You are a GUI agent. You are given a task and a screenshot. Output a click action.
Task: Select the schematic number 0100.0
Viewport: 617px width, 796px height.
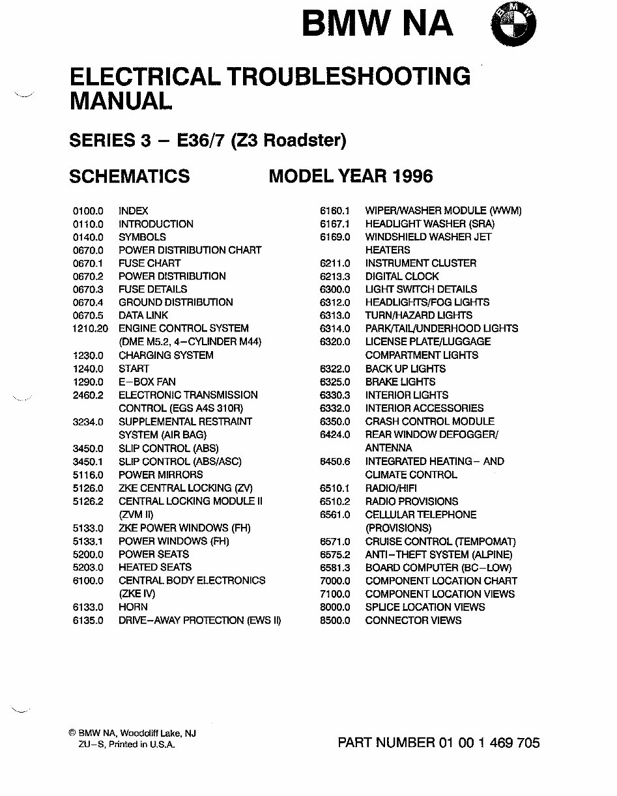tap(88, 211)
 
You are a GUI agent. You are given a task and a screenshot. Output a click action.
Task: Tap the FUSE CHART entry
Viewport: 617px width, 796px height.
tap(149, 263)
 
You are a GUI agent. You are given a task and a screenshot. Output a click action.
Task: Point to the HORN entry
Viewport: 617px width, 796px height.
tap(133, 607)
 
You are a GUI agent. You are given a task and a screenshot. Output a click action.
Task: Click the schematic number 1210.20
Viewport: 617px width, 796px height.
tap(91, 328)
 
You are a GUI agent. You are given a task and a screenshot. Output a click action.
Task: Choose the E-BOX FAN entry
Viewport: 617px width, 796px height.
tap(147, 382)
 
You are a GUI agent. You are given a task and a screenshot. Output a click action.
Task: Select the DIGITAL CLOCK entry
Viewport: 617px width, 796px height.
tap(402, 276)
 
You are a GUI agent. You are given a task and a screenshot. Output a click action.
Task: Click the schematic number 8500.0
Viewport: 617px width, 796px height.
tap(335, 620)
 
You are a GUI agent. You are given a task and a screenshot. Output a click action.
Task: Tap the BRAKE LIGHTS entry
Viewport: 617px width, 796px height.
tap(400, 382)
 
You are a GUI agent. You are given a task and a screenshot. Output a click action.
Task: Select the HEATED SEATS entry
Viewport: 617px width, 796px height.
tap(155, 567)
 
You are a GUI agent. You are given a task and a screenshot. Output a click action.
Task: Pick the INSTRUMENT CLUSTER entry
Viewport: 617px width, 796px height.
tap(420, 263)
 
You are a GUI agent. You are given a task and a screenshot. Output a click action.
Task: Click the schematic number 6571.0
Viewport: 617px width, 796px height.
tap(335, 541)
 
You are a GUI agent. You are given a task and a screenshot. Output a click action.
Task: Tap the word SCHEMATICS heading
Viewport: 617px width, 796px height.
tap(130, 176)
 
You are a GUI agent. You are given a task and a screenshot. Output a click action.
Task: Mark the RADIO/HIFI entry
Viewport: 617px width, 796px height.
tap(391, 488)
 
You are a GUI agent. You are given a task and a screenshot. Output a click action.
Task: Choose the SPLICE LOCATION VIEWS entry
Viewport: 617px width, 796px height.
tap(425, 607)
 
